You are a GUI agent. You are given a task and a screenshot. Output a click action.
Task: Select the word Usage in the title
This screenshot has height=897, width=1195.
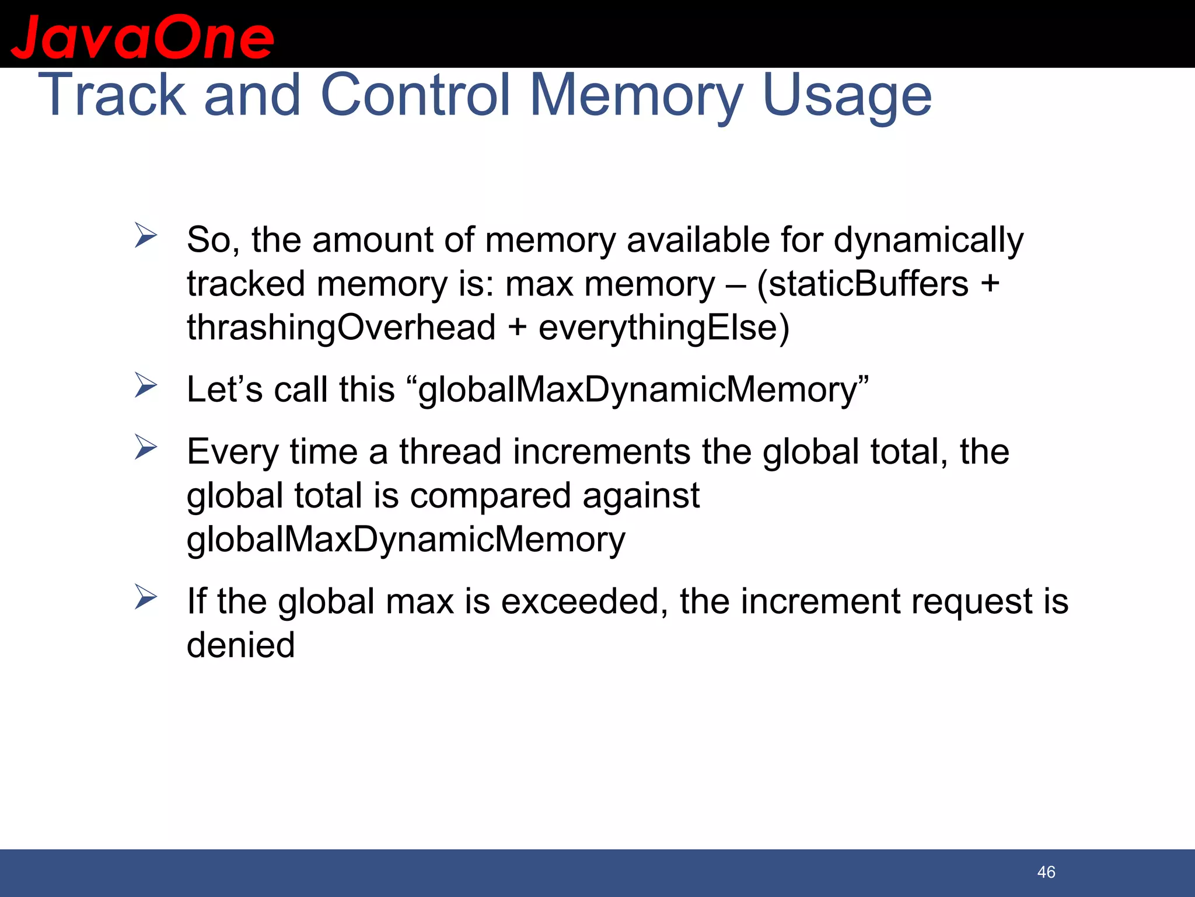pos(847,96)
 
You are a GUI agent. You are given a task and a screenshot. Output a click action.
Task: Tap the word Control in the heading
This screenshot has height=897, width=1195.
pos(415,95)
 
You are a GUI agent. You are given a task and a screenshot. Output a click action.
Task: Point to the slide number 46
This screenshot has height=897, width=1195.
pos(1046,872)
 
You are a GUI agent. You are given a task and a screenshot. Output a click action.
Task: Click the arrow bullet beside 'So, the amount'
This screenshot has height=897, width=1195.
pos(145,235)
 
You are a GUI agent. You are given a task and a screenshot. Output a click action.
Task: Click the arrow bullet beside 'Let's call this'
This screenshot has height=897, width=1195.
pos(145,385)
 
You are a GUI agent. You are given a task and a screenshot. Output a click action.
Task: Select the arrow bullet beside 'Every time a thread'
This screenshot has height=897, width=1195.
pos(145,447)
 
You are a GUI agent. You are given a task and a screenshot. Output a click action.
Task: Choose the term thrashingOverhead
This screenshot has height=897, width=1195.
pos(341,328)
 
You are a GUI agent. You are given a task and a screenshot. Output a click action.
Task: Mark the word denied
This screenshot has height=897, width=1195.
pos(240,645)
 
